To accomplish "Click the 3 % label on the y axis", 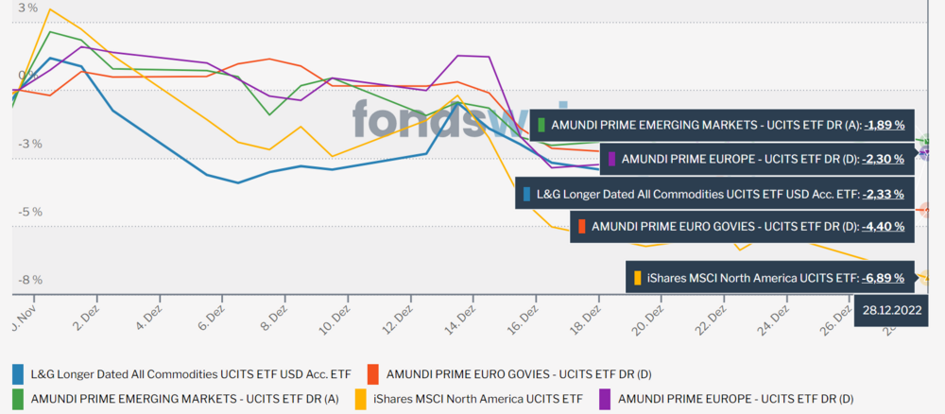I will [x=28, y=9].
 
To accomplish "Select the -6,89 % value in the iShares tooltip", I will [x=883, y=278].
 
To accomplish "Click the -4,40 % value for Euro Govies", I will [x=883, y=226].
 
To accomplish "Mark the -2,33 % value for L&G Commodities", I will [x=883, y=193].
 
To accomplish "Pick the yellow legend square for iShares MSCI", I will [x=363, y=399].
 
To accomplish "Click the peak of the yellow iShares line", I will [x=49, y=9].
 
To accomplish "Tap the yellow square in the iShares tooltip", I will [x=638, y=278].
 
